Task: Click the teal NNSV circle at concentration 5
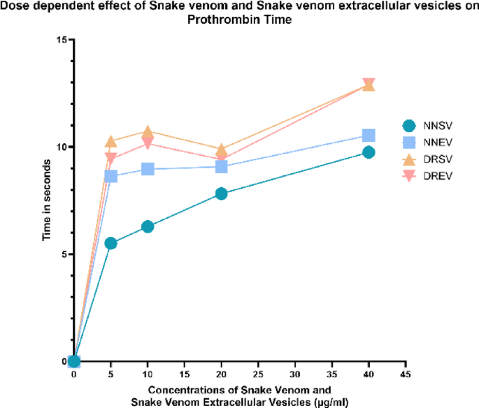[x=110, y=243]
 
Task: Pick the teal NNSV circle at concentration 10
[x=148, y=226]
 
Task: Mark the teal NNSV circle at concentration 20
[x=221, y=194]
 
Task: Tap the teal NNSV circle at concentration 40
[x=369, y=152]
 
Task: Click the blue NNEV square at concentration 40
[x=369, y=135]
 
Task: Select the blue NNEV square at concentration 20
[x=221, y=166]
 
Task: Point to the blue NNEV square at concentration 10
[x=148, y=169]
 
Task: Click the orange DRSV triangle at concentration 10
[x=148, y=132]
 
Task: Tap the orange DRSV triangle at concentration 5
[x=110, y=142]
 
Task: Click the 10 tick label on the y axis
[x=61, y=147]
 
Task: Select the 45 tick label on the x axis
[x=405, y=374]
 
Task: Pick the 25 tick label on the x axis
[x=258, y=374]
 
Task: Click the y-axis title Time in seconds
[x=47, y=201]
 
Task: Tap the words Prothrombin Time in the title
[x=238, y=20]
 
